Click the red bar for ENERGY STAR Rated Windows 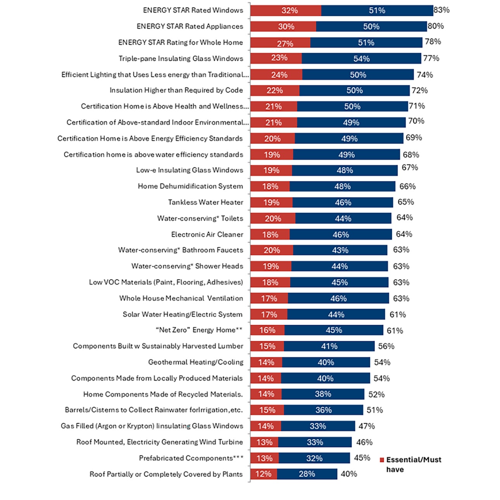click(286, 10)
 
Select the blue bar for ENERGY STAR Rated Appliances click(371, 26)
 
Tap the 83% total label click(441, 10)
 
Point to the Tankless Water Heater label click(205, 202)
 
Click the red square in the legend click(382, 460)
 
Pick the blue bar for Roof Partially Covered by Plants click(307, 474)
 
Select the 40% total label click(349, 474)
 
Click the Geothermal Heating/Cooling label click(196, 362)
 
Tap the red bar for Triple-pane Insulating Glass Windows click(276, 59)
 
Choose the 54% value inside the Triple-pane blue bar click(361, 59)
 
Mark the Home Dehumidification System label click(190, 186)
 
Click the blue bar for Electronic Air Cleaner click(341, 234)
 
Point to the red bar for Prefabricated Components click(264, 458)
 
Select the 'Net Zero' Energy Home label click(199, 330)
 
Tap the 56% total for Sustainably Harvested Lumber click(386, 346)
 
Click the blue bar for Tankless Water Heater click(343, 202)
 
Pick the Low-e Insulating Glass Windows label click(190, 170)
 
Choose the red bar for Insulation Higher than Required click(275, 91)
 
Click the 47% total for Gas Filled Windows click(366, 426)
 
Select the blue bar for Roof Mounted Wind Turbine click(315, 442)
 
